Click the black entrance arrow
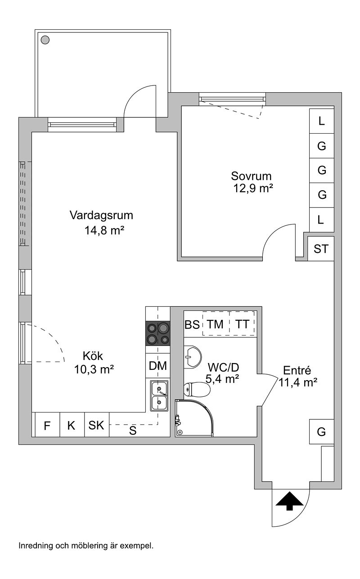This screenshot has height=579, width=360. coord(289,501)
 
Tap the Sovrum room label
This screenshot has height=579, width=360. coord(251,176)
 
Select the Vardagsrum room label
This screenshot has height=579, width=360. coord(101,215)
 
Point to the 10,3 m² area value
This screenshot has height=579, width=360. coord(94,369)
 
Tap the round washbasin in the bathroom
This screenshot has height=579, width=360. coord(193,357)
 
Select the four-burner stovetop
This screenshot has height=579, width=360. coord(158,333)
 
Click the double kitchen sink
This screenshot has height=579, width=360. coord(159,396)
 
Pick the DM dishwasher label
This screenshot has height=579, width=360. coord(158,366)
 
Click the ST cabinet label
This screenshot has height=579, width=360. coord(321,249)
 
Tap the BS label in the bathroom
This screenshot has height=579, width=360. coord(192,324)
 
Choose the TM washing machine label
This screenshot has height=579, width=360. coord(215,324)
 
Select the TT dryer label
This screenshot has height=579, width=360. coord(242,324)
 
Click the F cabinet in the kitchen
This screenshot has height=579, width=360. coord(47,426)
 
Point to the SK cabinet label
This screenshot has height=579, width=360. coord(96,425)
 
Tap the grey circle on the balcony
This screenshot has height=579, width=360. coord(45,40)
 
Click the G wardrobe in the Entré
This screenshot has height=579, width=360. coord(322,432)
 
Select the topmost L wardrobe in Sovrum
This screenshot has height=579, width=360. coord(322,121)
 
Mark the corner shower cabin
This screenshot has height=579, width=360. coord(194,418)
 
